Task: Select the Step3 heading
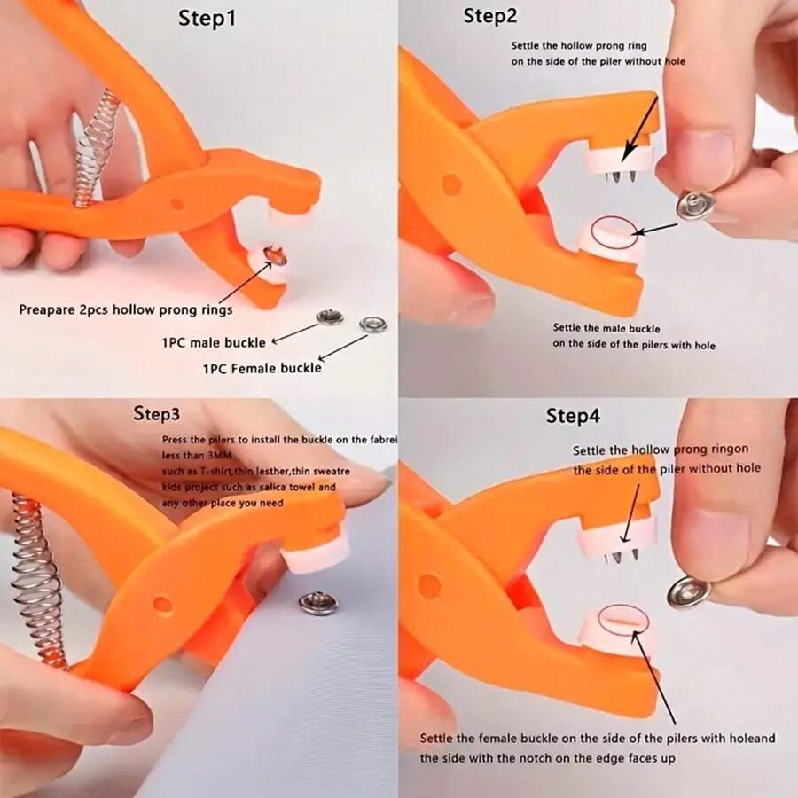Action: coord(157,413)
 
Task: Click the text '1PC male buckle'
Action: coord(213,341)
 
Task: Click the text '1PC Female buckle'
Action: coord(262,366)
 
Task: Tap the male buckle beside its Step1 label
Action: coord(330,317)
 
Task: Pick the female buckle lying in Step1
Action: coord(373,324)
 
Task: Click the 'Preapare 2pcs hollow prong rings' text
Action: coord(126,309)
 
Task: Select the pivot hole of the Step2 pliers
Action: coord(451,184)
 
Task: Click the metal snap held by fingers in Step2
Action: coord(692,205)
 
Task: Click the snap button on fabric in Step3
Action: coord(318,603)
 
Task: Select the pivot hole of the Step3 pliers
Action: coord(162,604)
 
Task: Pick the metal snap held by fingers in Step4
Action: coord(687,591)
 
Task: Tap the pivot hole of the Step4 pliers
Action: coord(429,585)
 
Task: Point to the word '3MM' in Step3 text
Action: coord(217,457)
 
